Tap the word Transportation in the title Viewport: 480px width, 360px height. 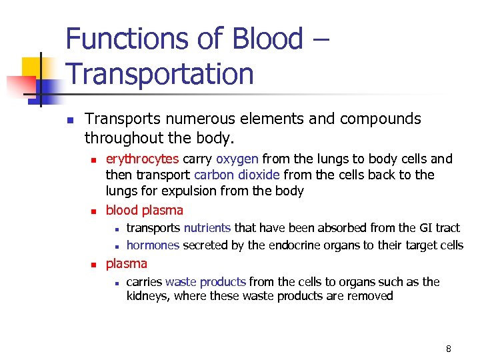point(160,73)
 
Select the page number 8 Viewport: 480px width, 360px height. point(449,349)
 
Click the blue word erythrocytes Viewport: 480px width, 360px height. point(143,159)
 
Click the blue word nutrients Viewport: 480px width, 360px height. point(207,228)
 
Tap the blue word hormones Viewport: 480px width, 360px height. point(153,245)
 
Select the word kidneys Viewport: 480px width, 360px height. point(148,296)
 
